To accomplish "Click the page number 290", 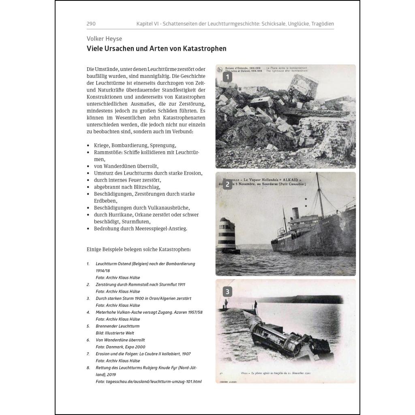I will coord(91,24).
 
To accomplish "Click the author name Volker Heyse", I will coord(104,39).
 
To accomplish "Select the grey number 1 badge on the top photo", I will coord(228,77).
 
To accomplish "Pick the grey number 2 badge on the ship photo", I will coord(228,184).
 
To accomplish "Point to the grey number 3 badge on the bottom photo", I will coord(228,291).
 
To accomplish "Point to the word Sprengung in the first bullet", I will coord(163,145).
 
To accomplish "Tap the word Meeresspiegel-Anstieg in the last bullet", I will coord(163,229).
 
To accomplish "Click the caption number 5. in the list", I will coord(88,326).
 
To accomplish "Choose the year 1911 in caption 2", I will coord(180,285).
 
